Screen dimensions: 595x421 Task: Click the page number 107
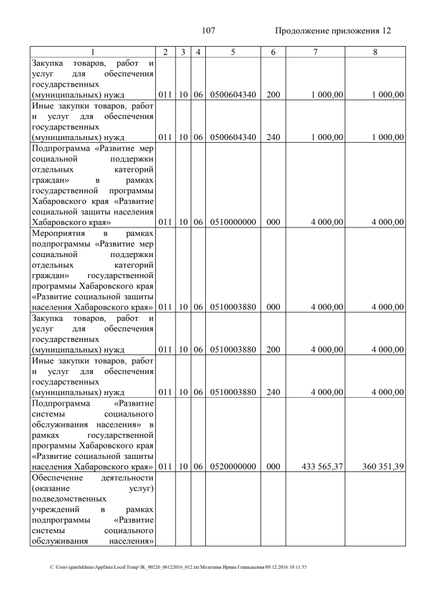tap(209, 31)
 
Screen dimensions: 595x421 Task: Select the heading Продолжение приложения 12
tap(333, 31)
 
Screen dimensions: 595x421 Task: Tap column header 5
tap(233, 52)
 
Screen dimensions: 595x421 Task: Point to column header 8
tap(375, 52)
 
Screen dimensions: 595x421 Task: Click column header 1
tap(93, 52)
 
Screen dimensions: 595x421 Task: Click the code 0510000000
tap(233, 222)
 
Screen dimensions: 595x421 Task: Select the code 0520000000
tap(233, 467)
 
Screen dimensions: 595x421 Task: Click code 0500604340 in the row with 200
tap(233, 95)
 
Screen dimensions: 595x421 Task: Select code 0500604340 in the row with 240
tap(233, 137)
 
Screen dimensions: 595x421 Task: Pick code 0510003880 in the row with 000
tap(233, 307)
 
